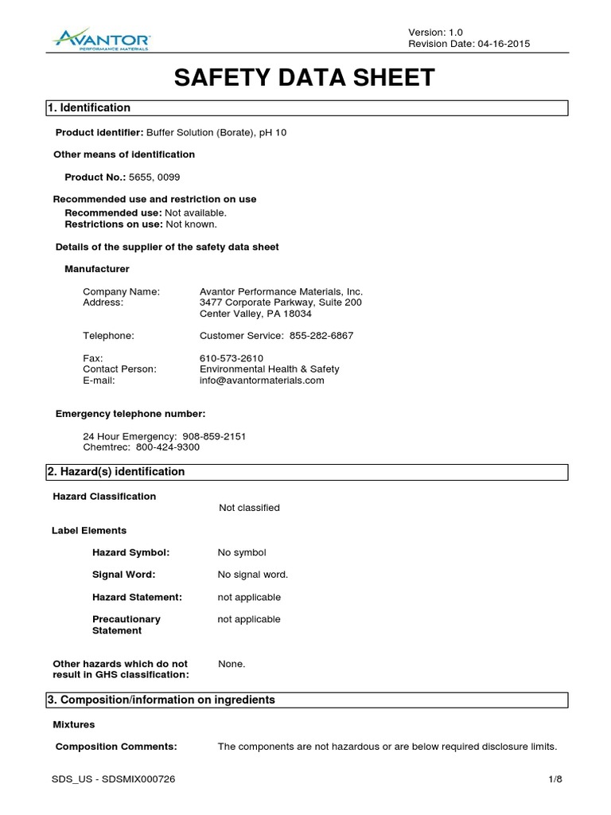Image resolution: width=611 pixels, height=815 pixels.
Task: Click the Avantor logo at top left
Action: (101, 37)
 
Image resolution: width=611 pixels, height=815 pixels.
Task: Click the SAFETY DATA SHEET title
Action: (305, 77)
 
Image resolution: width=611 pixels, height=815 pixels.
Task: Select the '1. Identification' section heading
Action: (90, 107)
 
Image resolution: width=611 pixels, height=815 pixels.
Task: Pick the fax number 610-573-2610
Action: (232, 358)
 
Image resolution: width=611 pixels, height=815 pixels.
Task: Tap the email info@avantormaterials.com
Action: (262, 380)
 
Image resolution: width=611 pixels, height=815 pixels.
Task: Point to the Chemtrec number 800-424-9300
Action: (168, 447)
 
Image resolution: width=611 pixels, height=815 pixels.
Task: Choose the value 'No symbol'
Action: (242, 552)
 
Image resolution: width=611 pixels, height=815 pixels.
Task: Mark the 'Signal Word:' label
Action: (124, 575)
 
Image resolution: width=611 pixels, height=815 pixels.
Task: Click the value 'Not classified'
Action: (249, 508)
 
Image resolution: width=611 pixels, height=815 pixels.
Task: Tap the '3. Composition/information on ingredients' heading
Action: (162, 700)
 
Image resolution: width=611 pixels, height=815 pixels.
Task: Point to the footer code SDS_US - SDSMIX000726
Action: (113, 780)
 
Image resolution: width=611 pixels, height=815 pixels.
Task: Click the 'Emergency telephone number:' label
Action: (130, 414)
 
